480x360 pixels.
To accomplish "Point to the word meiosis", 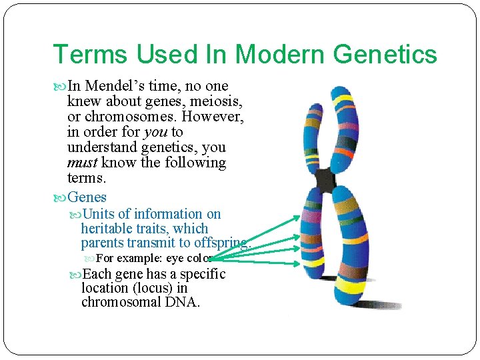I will tap(217, 101).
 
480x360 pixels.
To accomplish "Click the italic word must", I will tap(82, 163).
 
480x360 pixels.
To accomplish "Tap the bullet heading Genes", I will tap(87, 197).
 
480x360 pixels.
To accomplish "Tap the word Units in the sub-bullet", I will tap(100, 214).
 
